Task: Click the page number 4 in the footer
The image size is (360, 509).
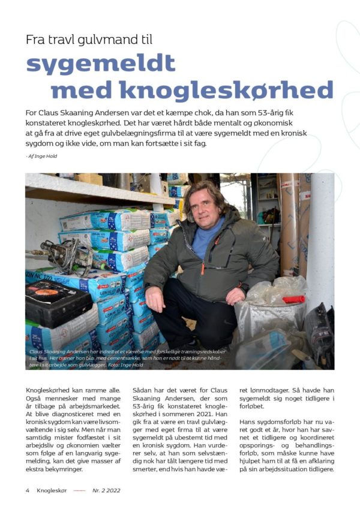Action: pyautogui.click(x=28, y=490)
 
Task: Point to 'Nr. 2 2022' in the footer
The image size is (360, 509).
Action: pyautogui.click(x=107, y=490)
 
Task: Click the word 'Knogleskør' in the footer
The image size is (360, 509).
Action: pyautogui.click(x=54, y=490)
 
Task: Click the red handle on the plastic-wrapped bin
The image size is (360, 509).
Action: pyautogui.click(x=293, y=299)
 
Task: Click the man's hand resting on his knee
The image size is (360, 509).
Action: pyautogui.click(x=157, y=297)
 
